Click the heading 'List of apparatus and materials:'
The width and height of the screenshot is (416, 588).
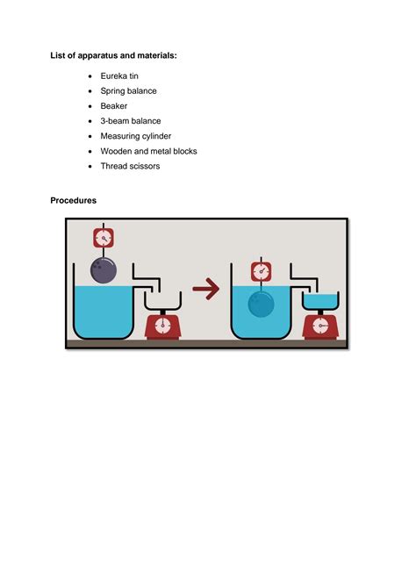(113, 55)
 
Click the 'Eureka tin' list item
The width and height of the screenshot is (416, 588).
(119, 76)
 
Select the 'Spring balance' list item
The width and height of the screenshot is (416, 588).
(128, 91)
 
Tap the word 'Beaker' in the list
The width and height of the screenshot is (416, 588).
(114, 106)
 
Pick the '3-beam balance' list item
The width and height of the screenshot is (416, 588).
(131, 121)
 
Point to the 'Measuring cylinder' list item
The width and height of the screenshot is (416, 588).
(136, 136)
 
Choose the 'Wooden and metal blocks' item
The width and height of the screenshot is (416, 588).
(148, 151)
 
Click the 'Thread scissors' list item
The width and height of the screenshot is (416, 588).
(130, 166)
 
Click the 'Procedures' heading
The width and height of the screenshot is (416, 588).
(73, 201)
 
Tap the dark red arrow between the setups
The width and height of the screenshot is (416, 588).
(206, 289)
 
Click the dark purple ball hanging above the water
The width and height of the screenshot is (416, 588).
(104, 270)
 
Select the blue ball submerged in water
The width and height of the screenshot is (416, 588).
(261, 305)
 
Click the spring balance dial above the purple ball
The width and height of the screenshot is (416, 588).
(104, 238)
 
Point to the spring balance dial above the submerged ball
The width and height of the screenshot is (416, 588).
(261, 271)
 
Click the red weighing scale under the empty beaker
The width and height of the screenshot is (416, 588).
(162, 326)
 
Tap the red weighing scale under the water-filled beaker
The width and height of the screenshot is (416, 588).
(320, 326)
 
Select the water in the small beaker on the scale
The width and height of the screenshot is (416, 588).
(320, 301)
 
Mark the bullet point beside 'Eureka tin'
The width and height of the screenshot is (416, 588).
(90, 76)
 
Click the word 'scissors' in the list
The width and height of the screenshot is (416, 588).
(145, 166)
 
